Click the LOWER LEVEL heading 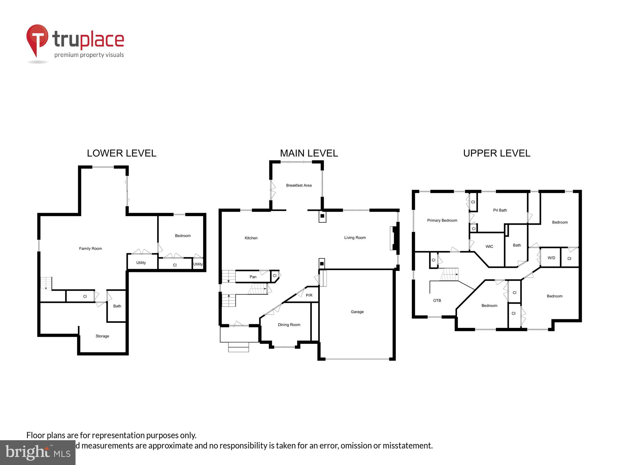coord(121,153)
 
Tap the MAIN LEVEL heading coord(309,153)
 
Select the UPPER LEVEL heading coord(496,153)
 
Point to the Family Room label coord(90,249)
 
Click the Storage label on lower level coord(102,336)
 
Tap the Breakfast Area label coord(299,185)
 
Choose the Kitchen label coord(251,238)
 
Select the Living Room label coord(355,238)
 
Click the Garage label coord(357,312)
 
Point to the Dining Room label coord(289,325)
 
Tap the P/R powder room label coord(309,295)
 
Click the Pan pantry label coord(253,277)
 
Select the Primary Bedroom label coord(442,220)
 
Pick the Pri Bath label coord(500,210)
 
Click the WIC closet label coord(489,247)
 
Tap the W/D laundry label coord(551,258)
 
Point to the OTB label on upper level coord(437,300)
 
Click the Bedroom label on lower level coord(183,236)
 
